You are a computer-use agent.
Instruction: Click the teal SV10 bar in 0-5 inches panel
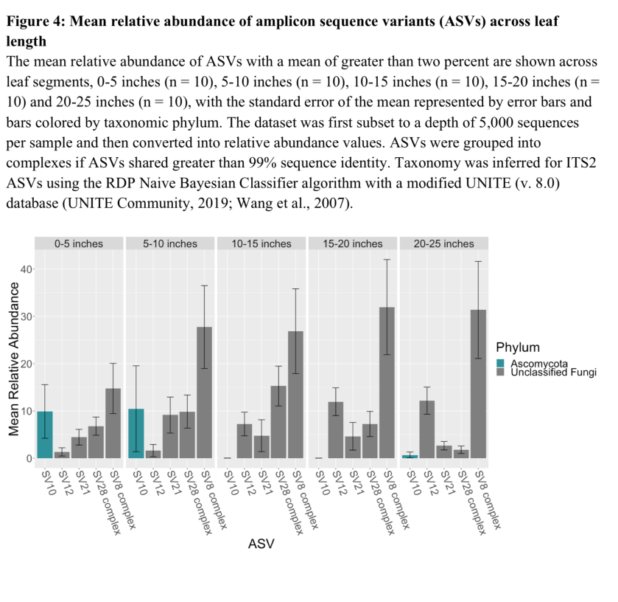point(45,435)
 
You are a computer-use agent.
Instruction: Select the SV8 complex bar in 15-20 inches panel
point(386,383)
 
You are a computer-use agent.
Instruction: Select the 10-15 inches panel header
point(261,243)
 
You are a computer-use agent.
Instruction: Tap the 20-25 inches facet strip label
point(444,243)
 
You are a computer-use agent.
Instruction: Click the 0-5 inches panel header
point(80,243)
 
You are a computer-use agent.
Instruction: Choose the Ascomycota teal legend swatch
point(501,362)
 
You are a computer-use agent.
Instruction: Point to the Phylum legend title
point(518,347)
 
